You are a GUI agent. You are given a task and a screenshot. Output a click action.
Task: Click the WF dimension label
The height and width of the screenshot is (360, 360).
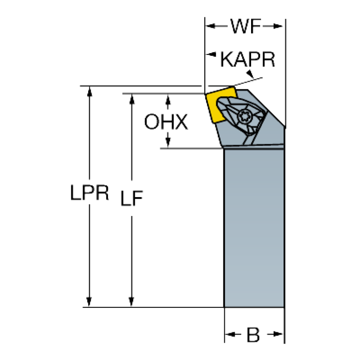point(245,27)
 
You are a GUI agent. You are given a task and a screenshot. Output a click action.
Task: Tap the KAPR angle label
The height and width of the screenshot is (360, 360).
point(248,60)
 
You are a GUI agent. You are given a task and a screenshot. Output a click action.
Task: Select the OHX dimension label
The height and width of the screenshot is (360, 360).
point(166,122)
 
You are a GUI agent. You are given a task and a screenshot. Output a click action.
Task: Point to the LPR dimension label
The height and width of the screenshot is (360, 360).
point(90,193)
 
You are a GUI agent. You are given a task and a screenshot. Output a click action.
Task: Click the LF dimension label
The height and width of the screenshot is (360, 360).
point(131,198)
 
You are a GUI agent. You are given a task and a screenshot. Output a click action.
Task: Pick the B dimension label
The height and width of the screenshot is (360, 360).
point(254,335)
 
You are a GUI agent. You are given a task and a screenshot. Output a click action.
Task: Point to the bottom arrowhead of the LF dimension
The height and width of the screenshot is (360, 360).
point(132,301)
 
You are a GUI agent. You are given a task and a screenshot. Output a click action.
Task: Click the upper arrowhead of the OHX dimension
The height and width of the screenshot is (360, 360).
point(168,100)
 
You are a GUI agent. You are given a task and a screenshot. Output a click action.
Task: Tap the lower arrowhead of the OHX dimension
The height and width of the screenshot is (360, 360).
point(168,142)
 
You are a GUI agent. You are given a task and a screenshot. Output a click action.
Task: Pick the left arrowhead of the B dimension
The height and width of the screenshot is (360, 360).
point(230,335)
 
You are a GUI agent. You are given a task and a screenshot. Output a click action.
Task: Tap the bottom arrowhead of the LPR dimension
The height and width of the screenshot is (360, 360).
point(89,301)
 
